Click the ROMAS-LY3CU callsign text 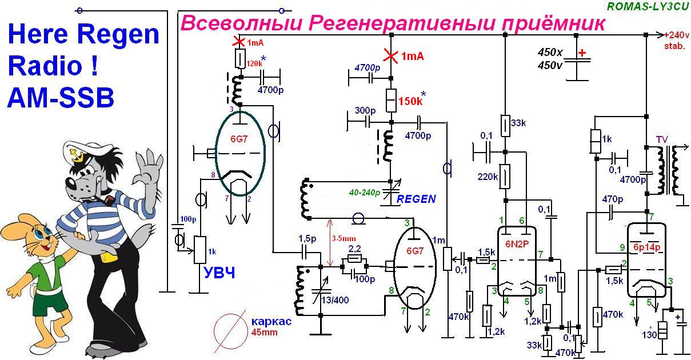648,6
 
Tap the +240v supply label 677,35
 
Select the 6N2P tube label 517,244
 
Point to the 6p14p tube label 647,247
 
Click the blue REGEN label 416,199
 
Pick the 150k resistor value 410,101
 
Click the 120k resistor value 254,63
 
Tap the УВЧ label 219,273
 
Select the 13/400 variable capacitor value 335,300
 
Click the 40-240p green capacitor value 364,193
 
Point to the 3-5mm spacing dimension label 343,238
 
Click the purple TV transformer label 662,139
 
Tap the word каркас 271,321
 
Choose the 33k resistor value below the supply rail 518,123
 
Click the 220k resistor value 488,177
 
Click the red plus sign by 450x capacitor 582,53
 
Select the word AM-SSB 61,98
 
